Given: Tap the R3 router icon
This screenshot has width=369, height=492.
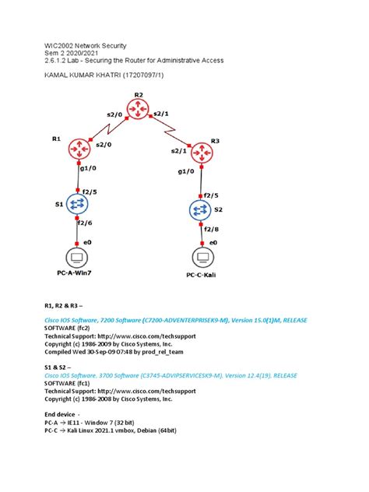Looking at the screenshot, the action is (x=202, y=153).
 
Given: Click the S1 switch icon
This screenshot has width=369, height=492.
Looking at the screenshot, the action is (x=77, y=204).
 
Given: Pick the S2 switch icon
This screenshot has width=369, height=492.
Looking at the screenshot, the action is (x=201, y=209).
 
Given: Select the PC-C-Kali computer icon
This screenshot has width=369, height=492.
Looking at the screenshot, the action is (x=202, y=258).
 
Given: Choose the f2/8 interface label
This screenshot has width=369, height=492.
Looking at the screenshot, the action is (x=213, y=229).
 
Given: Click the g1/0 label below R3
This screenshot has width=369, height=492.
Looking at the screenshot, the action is (x=187, y=171).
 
